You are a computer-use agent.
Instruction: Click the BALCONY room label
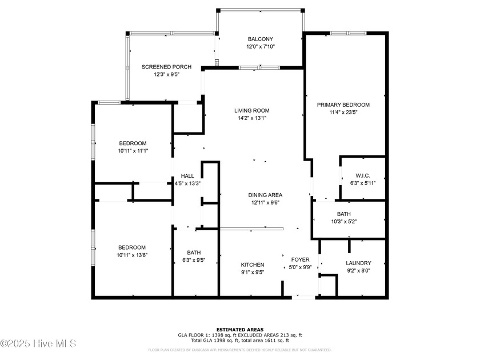[260, 39]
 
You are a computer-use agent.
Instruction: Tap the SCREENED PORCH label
[166, 67]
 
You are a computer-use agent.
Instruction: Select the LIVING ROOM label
[251, 110]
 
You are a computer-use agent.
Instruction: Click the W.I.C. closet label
[363, 175]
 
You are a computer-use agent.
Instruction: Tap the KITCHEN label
[252, 265]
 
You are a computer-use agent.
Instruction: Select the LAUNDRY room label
[358, 263]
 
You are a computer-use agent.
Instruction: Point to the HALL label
[187, 176]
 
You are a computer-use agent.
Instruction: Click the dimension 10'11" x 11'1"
[133, 151]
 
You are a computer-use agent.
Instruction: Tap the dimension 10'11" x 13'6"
[133, 255]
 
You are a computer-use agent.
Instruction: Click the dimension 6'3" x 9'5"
[194, 260]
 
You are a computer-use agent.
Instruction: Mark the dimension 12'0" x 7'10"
[260, 47]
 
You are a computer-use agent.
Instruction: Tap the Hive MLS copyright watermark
[38, 343]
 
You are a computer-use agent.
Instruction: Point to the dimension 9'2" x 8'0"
[358, 271]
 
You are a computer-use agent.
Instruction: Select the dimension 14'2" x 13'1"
[251, 118]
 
